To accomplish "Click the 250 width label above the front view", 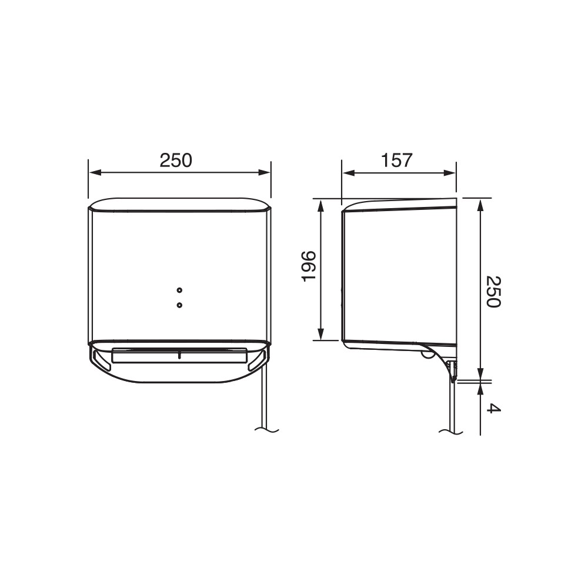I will tap(176, 160).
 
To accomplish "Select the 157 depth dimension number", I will tap(397, 160).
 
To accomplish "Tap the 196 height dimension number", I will tap(309, 266).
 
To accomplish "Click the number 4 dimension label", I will tap(494, 408).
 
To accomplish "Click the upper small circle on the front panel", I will tap(179, 290).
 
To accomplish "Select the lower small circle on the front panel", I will tap(179, 305).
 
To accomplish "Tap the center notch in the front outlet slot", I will tap(179, 354).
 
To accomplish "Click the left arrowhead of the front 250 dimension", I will tap(93, 173).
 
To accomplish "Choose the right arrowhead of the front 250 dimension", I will tap(266, 173).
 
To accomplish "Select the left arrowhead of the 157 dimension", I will tap(347, 173).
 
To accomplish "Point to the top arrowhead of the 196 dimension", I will tap(321, 204).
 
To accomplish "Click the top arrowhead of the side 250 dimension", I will tap(480, 203).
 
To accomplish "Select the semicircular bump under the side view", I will tap(425, 355).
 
